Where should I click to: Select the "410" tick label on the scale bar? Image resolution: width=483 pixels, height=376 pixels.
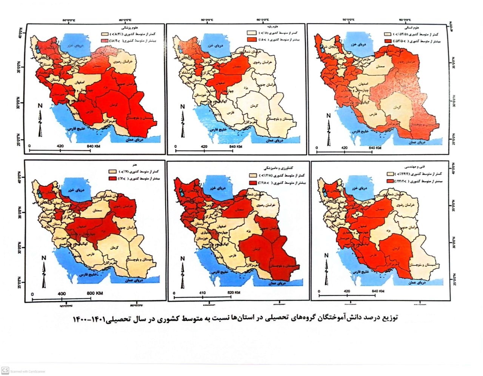[x=202, y=292]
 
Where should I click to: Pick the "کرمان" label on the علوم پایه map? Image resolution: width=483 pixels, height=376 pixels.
[x=254, y=106]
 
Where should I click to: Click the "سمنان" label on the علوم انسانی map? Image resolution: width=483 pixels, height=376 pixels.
[x=384, y=66]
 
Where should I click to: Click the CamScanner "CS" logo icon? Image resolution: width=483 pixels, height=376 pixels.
[x=5, y=371]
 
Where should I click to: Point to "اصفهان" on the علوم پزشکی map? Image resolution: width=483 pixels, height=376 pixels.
[x=85, y=81]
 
